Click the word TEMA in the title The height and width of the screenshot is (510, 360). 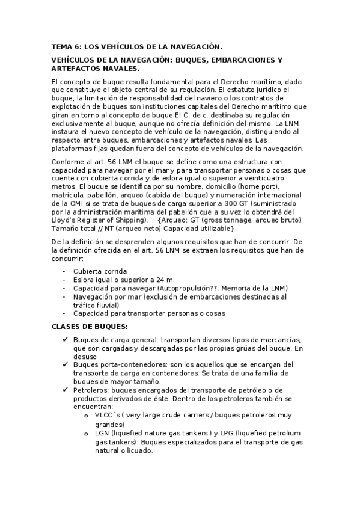coord(61,46)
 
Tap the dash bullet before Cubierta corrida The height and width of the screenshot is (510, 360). coord(64,271)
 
